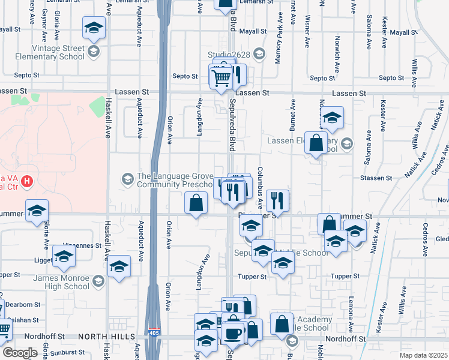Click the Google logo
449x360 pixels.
click(x=20, y=353)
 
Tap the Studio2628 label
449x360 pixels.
click(x=228, y=55)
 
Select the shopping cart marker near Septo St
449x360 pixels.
click(x=221, y=77)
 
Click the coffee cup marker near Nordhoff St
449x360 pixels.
click(x=234, y=332)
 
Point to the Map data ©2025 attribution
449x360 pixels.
click(x=423, y=355)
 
